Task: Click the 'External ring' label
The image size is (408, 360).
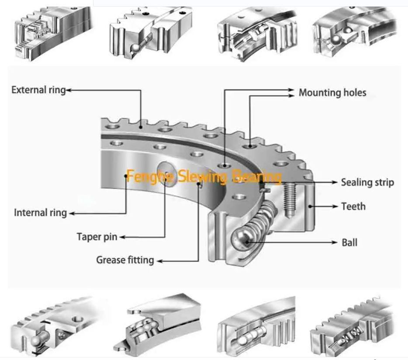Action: [38, 90]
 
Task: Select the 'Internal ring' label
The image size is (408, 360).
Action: [40, 213]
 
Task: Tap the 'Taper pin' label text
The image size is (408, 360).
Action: [97, 237]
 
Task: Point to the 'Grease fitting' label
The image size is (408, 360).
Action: [125, 260]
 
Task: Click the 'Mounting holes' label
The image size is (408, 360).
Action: [332, 92]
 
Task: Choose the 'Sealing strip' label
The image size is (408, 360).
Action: [367, 182]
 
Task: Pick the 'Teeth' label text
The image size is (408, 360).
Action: [353, 206]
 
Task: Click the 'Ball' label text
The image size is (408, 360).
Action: [349, 242]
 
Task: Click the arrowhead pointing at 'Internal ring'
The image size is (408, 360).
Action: [72, 213]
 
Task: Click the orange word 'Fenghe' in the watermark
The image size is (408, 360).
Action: [144, 177]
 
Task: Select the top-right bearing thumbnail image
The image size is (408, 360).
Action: [355, 31]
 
